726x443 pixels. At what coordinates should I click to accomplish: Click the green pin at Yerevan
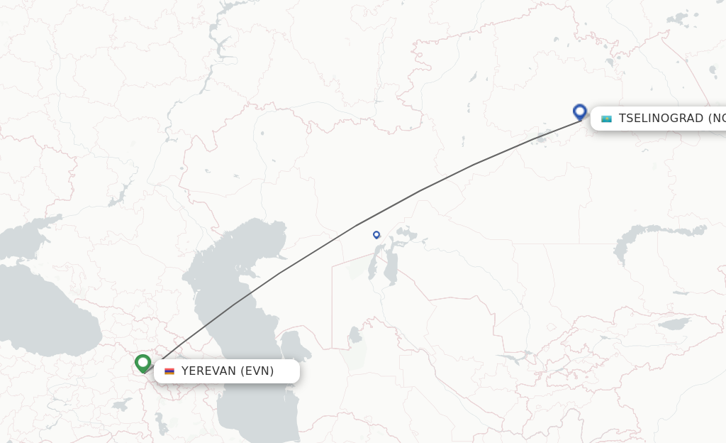click(x=143, y=363)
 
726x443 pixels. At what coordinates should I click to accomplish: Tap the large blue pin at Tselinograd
click(x=580, y=111)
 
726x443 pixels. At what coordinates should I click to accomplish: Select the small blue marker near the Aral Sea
click(x=376, y=234)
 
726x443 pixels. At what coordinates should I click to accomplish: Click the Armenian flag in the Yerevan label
click(x=169, y=371)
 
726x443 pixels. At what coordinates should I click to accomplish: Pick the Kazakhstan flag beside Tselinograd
click(x=606, y=119)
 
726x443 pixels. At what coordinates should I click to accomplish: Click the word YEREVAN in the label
click(x=208, y=371)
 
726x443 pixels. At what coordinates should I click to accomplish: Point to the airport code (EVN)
click(x=257, y=371)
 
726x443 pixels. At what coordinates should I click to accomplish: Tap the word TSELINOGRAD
click(x=661, y=119)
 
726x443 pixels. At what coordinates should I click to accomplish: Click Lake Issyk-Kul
click(x=674, y=324)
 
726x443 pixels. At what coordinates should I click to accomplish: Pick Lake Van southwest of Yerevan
click(x=121, y=405)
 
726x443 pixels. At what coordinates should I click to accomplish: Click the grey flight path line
click(x=418, y=191)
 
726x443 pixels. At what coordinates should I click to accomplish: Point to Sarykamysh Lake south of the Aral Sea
click(x=355, y=333)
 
